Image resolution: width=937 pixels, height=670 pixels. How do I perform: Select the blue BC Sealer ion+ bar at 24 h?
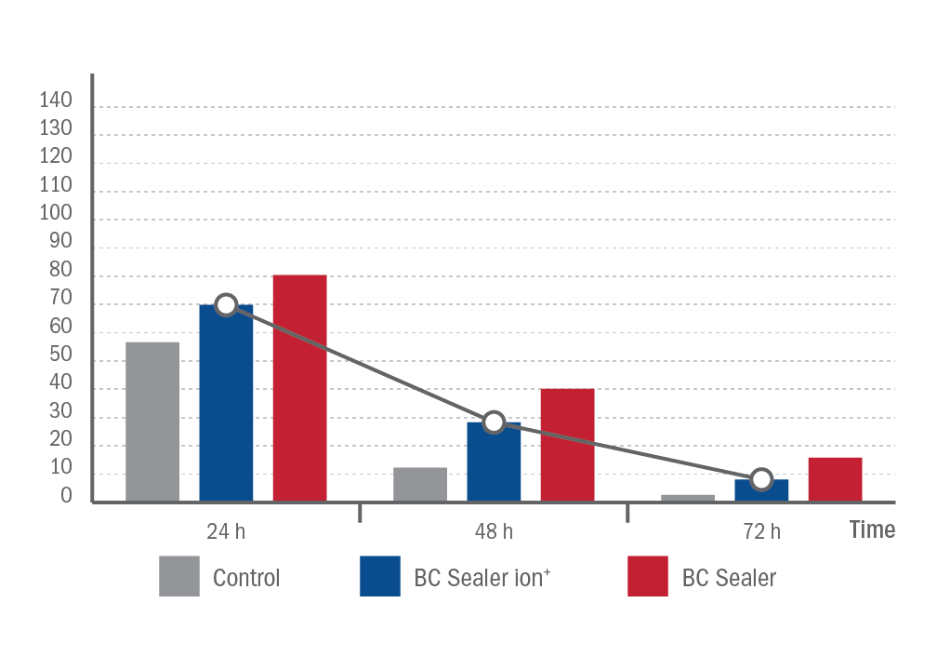[x=226, y=409]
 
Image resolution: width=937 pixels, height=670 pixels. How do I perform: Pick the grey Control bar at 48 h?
[x=420, y=484]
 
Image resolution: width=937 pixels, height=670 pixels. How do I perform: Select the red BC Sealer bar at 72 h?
[x=835, y=479]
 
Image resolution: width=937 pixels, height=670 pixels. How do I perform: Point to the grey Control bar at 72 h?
[x=688, y=498]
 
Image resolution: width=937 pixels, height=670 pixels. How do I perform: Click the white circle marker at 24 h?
[x=226, y=304]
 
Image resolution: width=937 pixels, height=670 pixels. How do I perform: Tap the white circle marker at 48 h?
[x=494, y=422]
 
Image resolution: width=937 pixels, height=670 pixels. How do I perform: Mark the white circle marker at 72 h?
[x=761, y=479]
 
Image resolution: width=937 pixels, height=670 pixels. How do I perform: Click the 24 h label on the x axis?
[x=226, y=531]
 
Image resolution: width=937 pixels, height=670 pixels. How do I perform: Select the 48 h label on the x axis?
[x=494, y=531]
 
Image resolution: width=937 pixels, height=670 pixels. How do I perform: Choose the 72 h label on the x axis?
[x=761, y=531]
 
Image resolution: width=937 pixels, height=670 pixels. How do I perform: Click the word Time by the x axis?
[x=872, y=529]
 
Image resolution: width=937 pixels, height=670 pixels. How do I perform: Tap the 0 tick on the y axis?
[x=66, y=496]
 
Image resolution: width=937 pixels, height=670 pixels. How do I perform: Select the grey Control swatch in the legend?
[x=179, y=576]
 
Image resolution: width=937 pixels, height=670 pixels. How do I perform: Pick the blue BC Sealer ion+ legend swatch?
[x=380, y=576]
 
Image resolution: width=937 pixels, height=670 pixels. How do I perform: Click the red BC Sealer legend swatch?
[x=648, y=576]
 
